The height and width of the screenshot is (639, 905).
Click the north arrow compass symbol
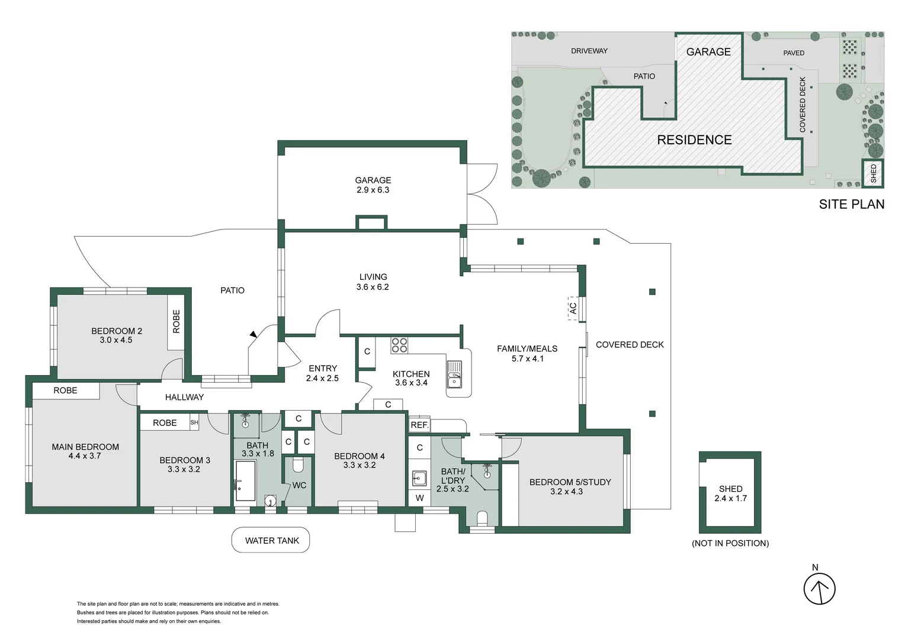[819, 589]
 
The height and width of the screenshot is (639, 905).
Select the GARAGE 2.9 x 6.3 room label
[373, 185]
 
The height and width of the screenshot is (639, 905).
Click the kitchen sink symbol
[454, 375]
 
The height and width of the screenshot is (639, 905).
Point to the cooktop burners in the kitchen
[399, 345]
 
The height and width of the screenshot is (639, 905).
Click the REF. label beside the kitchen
[419, 425]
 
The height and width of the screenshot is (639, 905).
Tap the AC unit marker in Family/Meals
[573, 308]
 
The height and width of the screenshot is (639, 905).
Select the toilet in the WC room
[298, 465]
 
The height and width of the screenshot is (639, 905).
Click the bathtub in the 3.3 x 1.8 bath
[245, 481]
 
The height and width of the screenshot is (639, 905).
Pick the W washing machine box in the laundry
[419, 498]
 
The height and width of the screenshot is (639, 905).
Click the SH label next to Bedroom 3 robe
[194, 422]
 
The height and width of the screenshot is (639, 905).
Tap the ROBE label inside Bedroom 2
[176, 321]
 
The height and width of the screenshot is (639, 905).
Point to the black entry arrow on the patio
[253, 334]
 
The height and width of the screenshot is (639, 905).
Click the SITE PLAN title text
[851, 204]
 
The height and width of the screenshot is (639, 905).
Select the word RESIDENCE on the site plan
[694, 140]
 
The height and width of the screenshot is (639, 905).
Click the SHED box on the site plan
[873, 173]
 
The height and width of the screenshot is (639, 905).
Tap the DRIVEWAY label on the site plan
[589, 51]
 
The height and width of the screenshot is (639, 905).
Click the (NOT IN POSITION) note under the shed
[730, 543]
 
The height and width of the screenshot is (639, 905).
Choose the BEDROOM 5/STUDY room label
[570, 486]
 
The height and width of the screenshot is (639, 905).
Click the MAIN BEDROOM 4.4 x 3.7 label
[85, 451]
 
